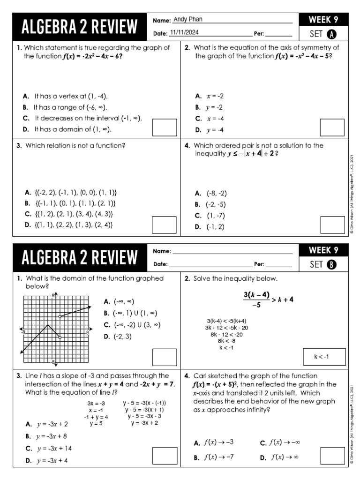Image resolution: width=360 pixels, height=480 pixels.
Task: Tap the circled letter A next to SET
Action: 331,34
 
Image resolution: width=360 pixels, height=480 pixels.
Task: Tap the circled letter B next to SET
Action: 331,264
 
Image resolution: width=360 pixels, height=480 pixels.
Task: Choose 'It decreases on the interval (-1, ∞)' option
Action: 82,118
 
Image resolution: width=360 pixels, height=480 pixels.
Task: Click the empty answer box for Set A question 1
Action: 165,127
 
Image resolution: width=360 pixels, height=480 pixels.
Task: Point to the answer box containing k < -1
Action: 324,357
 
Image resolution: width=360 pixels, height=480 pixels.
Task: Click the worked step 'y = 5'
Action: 96,424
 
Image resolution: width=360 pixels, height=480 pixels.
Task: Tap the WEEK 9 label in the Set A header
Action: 323,20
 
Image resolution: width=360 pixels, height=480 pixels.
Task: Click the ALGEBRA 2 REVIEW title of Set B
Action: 80,257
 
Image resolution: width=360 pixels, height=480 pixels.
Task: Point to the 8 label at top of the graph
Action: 53,295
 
